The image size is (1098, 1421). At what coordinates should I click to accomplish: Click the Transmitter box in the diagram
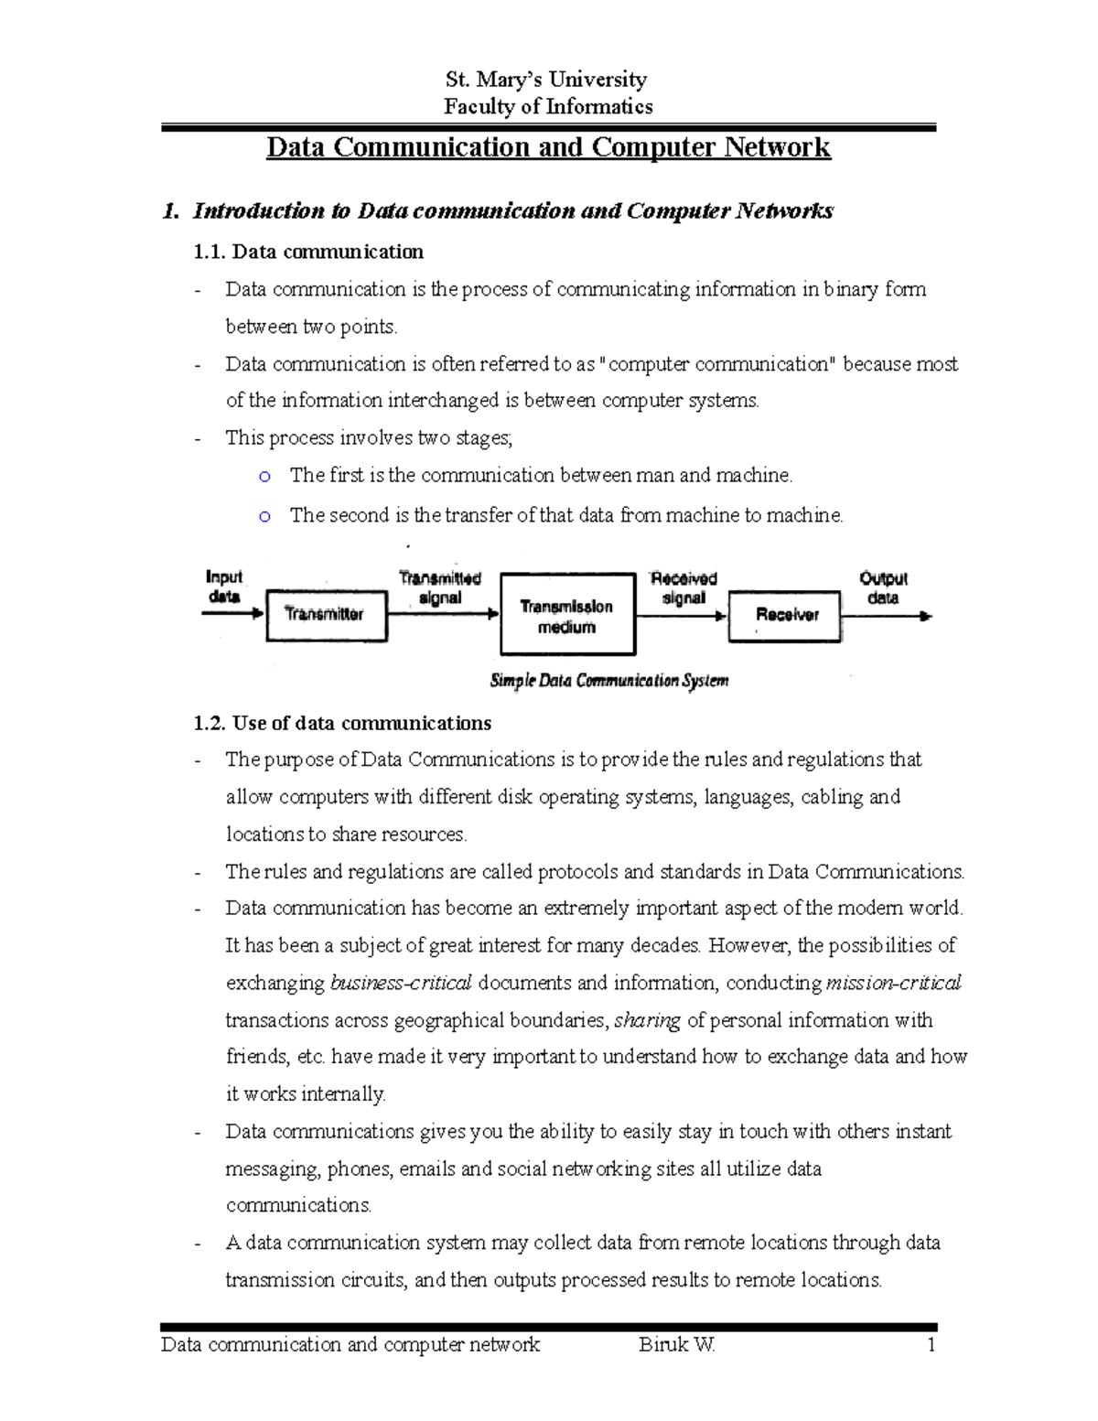[x=326, y=615]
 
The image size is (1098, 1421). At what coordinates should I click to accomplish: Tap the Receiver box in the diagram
[x=784, y=616]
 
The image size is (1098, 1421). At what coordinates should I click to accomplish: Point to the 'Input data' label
[x=224, y=587]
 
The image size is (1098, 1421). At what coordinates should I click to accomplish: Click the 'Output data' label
[x=883, y=587]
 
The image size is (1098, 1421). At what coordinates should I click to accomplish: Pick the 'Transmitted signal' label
[x=440, y=587]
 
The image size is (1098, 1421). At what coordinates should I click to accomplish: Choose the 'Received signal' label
[x=684, y=587]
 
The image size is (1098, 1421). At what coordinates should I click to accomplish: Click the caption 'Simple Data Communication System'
[x=609, y=681]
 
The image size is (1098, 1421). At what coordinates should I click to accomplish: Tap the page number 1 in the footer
[x=931, y=1344]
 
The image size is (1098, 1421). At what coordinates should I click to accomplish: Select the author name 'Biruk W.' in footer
[x=677, y=1344]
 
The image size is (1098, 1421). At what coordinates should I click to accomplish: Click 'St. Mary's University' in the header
[x=546, y=80]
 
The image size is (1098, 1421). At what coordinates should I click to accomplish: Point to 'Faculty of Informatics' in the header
[x=548, y=107]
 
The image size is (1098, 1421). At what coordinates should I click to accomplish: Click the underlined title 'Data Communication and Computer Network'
[x=548, y=147]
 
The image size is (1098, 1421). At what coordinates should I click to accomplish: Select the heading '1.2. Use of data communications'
[x=343, y=723]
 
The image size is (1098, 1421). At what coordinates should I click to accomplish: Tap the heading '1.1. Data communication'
[x=308, y=252]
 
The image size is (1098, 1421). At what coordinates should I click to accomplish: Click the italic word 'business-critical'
[x=401, y=983]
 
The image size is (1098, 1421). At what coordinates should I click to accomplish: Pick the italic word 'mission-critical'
[x=893, y=983]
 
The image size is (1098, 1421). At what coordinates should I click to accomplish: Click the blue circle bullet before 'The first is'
[x=264, y=477]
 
